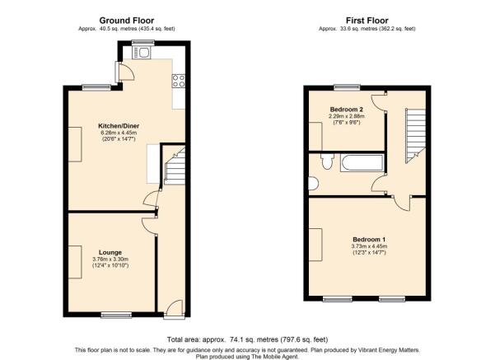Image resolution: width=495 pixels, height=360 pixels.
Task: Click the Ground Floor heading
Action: [127, 21]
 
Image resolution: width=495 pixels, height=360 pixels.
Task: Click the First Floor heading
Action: [367, 21]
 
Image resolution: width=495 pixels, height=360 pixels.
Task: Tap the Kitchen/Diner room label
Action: [119, 126]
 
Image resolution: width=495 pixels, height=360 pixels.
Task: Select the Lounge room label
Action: [110, 252]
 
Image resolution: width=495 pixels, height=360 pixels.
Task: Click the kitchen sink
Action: [142, 53]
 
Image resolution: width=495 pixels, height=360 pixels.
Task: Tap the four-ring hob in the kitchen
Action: [179, 81]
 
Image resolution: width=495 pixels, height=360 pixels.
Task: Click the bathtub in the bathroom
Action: [362, 162]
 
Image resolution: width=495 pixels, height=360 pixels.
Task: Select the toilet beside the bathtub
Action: [327, 161]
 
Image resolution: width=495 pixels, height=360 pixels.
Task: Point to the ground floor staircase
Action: [174, 166]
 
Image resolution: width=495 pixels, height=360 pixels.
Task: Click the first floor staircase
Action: [415, 135]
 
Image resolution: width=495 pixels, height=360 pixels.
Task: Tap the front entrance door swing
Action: [173, 307]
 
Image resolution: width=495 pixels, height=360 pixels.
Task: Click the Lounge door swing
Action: [149, 226]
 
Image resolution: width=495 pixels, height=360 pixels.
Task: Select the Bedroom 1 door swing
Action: [402, 203]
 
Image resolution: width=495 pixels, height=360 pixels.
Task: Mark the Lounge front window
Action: [116, 315]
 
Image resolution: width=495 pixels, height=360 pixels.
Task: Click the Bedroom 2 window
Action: [348, 87]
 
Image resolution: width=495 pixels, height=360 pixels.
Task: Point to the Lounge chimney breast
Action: [75, 262]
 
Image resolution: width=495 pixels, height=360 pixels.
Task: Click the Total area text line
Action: [247, 339]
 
